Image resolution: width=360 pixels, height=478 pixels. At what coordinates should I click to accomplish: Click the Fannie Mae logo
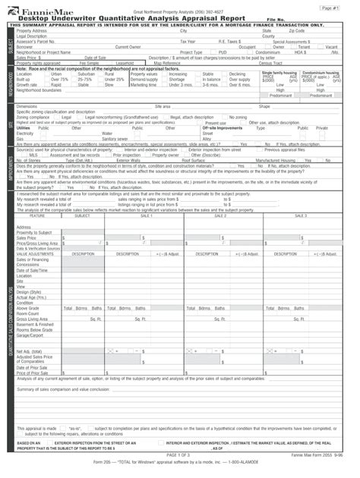[x=34, y=12]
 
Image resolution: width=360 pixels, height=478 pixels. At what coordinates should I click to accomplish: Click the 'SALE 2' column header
[x=220, y=215]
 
